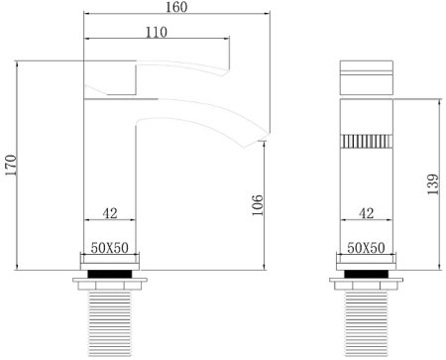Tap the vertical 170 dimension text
pyautogui.click(x=11, y=167)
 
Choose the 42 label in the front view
pyautogui.click(x=366, y=212)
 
